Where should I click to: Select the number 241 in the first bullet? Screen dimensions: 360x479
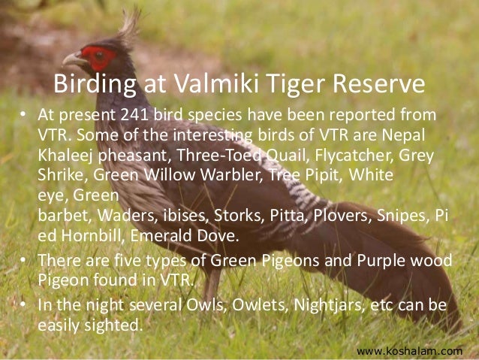coord(134,115)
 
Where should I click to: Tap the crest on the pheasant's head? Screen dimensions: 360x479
coord(129,26)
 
